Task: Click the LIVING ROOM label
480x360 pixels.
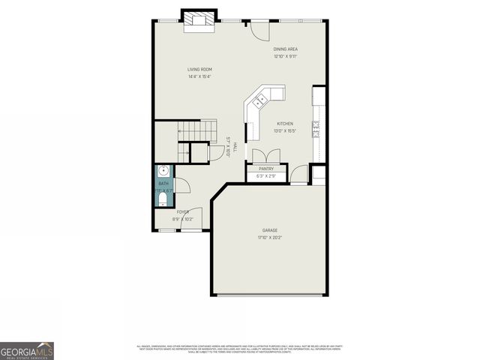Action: [x=199, y=70]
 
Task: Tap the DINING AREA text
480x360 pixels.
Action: [x=285, y=49]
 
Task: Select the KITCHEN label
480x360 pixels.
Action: [x=285, y=124]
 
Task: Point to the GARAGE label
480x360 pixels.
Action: [x=270, y=230]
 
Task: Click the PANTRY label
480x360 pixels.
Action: [x=266, y=169]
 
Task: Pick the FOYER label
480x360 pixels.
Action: [x=183, y=212]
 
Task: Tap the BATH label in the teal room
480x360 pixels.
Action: [x=163, y=184]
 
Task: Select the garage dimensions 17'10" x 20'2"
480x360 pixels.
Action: [x=270, y=237]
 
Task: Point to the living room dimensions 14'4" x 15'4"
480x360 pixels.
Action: [x=199, y=76]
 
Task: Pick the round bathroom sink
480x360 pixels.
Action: [x=163, y=170]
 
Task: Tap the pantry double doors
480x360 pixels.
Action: [x=266, y=155]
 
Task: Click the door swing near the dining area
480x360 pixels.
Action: [x=259, y=29]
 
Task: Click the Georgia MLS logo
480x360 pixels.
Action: [x=27, y=350]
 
